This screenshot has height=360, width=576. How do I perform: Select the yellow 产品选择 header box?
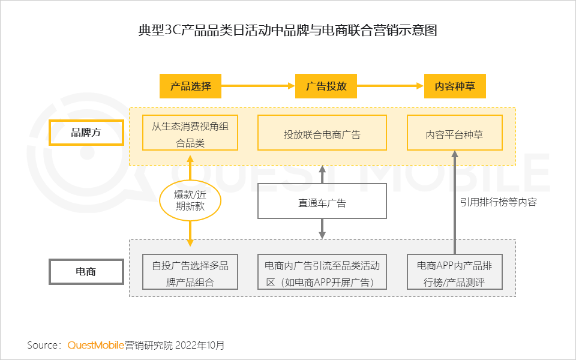pyautogui.click(x=190, y=86)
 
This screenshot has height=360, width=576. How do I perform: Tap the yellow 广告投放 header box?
pyautogui.click(x=326, y=86)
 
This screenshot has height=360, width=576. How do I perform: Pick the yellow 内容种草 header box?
pyautogui.click(x=455, y=86)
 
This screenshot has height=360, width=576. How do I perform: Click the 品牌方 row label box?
pyautogui.click(x=86, y=133)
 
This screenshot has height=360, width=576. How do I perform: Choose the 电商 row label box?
pyautogui.click(x=86, y=272)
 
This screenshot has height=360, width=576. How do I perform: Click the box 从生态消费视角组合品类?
pyautogui.click(x=190, y=133)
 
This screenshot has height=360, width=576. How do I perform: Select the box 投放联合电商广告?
pyautogui.click(x=322, y=133)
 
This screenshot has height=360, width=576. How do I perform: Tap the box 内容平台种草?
pyautogui.click(x=454, y=133)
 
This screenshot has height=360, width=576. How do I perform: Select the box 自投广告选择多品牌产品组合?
pyautogui.click(x=190, y=272)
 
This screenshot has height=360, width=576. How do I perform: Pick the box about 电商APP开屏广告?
pyautogui.click(x=322, y=272)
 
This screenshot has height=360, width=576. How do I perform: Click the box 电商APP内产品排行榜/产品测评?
pyautogui.click(x=454, y=272)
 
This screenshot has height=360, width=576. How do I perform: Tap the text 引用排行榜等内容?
pyautogui.click(x=498, y=202)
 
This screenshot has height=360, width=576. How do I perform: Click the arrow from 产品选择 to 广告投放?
pyautogui.click(x=258, y=86)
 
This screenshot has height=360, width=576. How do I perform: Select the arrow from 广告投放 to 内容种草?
pyautogui.click(x=390, y=86)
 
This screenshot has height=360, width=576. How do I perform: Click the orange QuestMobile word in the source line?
pyautogui.click(x=95, y=345)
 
